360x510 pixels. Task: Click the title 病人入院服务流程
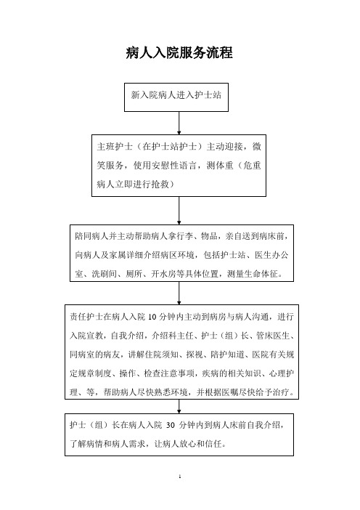click(x=179, y=53)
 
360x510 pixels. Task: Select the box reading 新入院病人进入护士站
click(x=176, y=97)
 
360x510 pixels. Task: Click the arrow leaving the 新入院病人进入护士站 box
click(x=179, y=123)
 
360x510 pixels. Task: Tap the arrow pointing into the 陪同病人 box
click(x=179, y=211)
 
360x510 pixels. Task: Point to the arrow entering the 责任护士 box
click(x=179, y=293)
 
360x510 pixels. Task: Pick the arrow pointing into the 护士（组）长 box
click(x=179, y=406)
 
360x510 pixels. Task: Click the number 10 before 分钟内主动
click(x=152, y=317)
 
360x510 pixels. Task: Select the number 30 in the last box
click(x=171, y=425)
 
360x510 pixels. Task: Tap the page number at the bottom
click(x=180, y=477)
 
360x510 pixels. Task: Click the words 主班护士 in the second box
click(x=115, y=147)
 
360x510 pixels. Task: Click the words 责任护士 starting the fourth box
click(x=86, y=317)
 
